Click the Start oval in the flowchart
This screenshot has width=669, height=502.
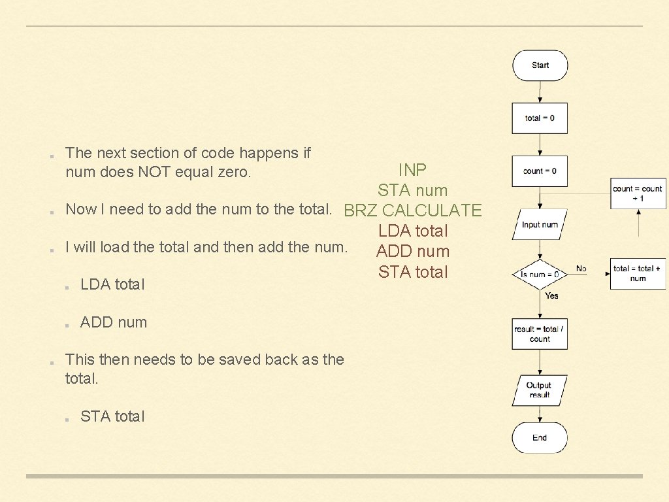(540, 65)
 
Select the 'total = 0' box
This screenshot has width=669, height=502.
(540, 118)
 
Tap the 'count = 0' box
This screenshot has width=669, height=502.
(540, 171)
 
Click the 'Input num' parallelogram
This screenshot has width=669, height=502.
(540, 225)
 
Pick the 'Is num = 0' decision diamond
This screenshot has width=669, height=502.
(540, 275)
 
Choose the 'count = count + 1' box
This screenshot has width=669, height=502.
(638, 193)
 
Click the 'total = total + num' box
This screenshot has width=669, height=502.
(638, 273)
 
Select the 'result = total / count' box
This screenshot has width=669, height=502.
(540, 334)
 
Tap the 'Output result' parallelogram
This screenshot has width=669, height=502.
(539, 390)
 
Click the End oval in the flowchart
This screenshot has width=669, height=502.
(540, 438)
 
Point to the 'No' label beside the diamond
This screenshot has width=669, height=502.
(581, 269)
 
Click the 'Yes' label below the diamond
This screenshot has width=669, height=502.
(552, 296)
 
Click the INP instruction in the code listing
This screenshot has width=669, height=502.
(412, 170)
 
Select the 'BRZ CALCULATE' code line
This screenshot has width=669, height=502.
(412, 210)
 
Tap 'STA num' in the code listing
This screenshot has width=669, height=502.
(412, 191)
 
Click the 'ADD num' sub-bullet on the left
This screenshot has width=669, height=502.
(114, 322)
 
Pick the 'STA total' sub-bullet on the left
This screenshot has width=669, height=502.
(112, 416)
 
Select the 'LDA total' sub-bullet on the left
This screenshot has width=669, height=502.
(112, 284)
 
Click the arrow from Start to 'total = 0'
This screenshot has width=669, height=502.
(540, 92)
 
